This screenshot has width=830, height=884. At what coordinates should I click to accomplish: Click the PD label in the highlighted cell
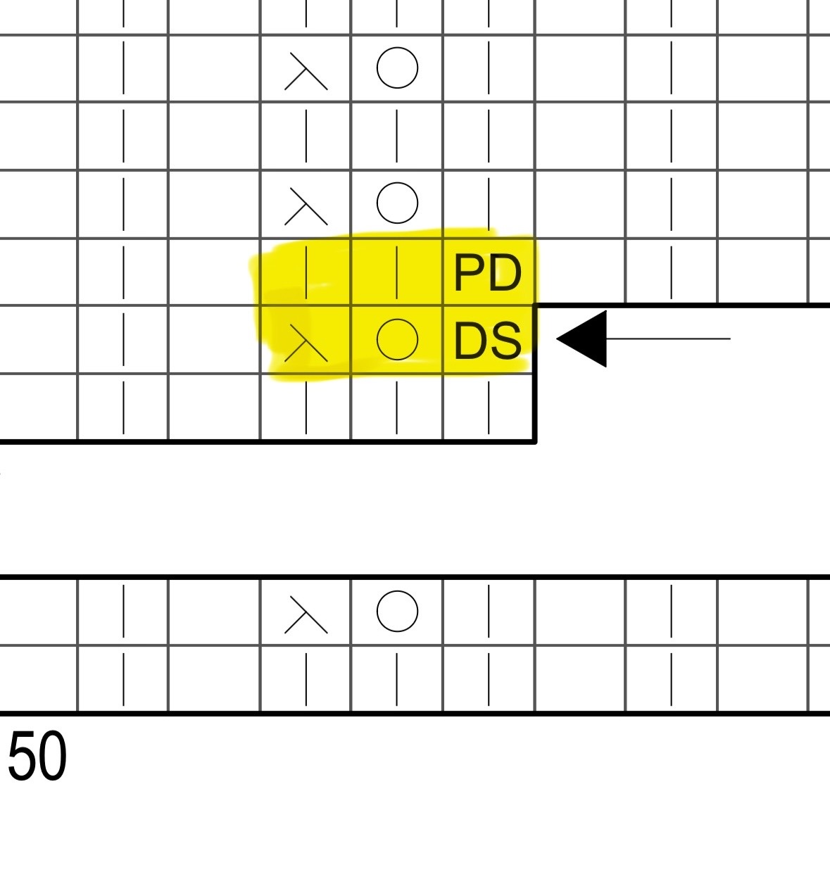click(x=488, y=272)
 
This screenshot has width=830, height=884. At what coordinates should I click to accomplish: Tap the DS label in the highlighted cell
click(x=488, y=341)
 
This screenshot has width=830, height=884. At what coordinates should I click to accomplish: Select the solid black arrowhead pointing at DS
click(x=581, y=339)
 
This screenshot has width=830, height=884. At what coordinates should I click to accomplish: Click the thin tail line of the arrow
click(x=668, y=339)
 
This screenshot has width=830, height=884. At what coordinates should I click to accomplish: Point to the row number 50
click(x=37, y=756)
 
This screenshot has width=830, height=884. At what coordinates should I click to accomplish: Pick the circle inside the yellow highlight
click(x=397, y=339)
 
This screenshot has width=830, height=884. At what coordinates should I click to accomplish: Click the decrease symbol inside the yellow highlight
click(x=306, y=343)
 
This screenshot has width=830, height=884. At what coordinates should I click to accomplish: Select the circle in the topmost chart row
click(x=397, y=68)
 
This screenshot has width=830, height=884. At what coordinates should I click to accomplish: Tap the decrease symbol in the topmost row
click(x=306, y=71)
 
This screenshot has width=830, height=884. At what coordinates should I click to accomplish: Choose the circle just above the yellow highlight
click(x=397, y=203)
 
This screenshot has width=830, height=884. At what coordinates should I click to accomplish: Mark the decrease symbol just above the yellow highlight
click(x=306, y=206)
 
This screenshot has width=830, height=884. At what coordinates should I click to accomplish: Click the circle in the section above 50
click(x=397, y=611)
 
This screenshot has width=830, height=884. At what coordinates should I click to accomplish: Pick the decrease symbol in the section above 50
click(x=306, y=614)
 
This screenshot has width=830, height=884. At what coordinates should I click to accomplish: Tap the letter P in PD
click(x=470, y=272)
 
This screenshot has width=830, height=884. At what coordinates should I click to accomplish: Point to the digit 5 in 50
click(x=22, y=756)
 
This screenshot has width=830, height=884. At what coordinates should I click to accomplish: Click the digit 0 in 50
click(x=52, y=756)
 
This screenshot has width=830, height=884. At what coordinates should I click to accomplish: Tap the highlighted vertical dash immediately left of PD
click(x=397, y=272)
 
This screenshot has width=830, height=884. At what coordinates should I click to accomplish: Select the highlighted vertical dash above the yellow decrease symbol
click(x=306, y=272)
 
